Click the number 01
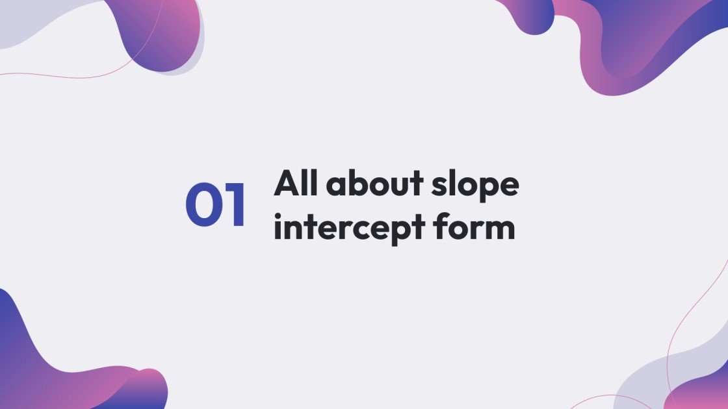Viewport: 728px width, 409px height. [x=216, y=205]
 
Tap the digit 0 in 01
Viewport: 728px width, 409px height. [x=202, y=205]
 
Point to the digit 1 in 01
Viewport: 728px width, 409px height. [x=235, y=205]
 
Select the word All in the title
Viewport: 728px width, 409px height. [x=296, y=184]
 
